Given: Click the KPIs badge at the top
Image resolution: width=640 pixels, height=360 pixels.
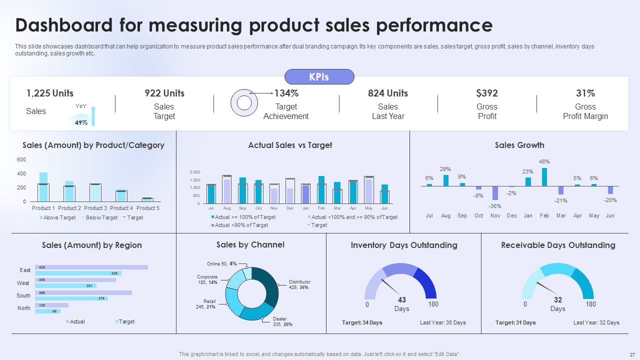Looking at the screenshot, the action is click(x=319, y=76).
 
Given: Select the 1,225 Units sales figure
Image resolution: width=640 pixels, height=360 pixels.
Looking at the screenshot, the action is click(x=49, y=93).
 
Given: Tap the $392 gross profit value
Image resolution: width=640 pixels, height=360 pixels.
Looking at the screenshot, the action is click(x=487, y=93).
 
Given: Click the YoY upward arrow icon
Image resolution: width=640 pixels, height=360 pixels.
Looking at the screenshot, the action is click(x=93, y=115).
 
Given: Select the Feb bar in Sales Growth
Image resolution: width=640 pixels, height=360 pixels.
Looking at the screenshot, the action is click(x=544, y=177).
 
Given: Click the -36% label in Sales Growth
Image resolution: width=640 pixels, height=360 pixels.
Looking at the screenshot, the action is click(x=495, y=206).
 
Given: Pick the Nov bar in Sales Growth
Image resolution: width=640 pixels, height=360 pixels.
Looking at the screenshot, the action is click(x=495, y=193).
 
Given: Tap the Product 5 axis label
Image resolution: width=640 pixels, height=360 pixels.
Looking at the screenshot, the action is click(x=148, y=208).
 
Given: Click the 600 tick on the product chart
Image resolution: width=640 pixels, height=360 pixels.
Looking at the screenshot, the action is click(x=21, y=159).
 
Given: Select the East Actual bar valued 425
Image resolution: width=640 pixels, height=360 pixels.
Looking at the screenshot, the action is click(x=91, y=267).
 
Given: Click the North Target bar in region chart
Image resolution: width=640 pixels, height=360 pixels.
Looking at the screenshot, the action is click(x=47, y=311).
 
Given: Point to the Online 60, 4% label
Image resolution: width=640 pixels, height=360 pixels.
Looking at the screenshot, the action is click(x=221, y=263).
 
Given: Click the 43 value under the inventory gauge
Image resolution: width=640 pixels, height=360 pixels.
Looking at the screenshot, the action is click(x=401, y=299).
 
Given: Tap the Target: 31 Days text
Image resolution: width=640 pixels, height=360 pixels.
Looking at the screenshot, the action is click(x=515, y=322).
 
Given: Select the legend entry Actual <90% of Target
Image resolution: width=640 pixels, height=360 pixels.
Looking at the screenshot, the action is click(x=239, y=225).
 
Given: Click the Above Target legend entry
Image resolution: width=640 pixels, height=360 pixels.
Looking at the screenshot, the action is click(x=57, y=217).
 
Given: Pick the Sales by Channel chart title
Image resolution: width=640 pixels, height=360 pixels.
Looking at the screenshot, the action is click(x=250, y=244).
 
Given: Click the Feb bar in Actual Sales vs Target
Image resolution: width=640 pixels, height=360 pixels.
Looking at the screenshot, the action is click(x=321, y=189).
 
